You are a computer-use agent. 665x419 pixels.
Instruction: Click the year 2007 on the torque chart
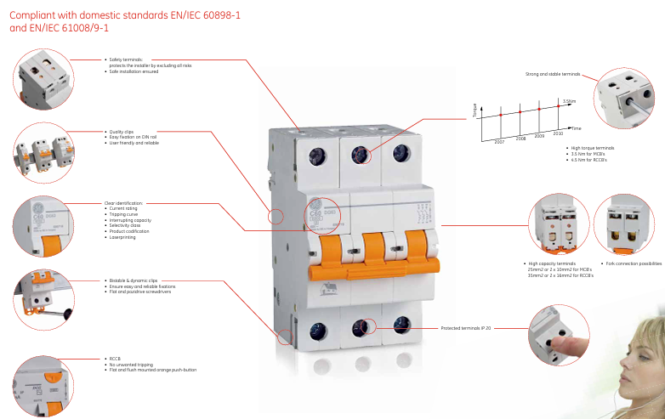[499, 143]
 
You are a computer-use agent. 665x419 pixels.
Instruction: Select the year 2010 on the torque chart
[558, 133]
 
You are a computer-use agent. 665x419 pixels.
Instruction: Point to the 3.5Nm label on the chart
[569, 100]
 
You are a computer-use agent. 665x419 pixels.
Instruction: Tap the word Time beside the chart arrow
[576, 127]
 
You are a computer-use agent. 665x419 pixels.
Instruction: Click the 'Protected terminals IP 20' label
[465, 327]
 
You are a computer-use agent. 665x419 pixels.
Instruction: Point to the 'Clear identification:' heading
[124, 203]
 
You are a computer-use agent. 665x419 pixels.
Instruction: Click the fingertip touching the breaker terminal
[551, 344]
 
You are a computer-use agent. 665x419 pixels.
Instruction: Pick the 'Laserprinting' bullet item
[123, 236]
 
